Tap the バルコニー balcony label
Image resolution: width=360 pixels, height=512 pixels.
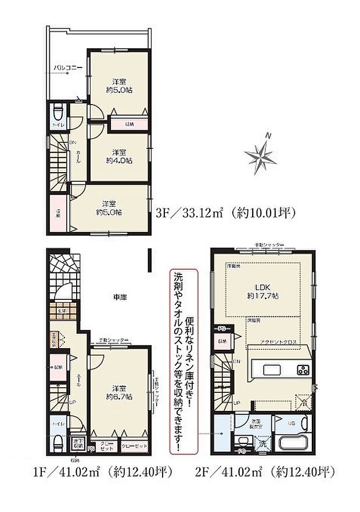pos(67,69)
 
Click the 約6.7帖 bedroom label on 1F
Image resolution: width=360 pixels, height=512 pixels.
pos(118,393)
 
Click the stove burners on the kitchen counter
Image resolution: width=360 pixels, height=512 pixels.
pos(304,370)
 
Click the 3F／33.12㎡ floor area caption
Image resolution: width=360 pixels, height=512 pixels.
pos(225,213)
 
